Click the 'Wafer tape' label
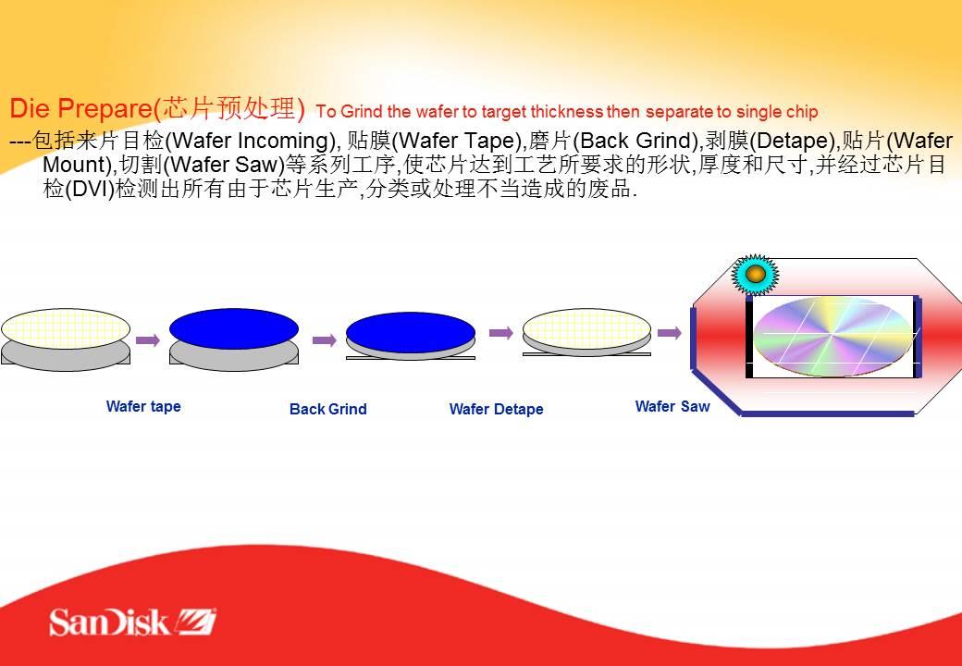pos(143,407)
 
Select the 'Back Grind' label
pos(328,409)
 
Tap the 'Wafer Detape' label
pos(497,409)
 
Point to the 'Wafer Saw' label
pos(672,406)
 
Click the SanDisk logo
pos(132,622)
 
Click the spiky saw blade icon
pos(755,274)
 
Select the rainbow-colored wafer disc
pos(832,337)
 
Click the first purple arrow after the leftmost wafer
pos(148,339)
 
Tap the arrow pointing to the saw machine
pos(670,333)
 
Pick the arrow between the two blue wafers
pos(325,340)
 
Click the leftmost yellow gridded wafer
pos(66,328)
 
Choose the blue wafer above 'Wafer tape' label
pos(234,328)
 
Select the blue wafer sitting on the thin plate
pos(411,332)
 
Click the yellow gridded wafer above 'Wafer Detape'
pos(587,328)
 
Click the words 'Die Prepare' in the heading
pos(80,108)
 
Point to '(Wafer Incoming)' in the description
pos(252,141)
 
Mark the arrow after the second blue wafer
pos(501,333)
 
